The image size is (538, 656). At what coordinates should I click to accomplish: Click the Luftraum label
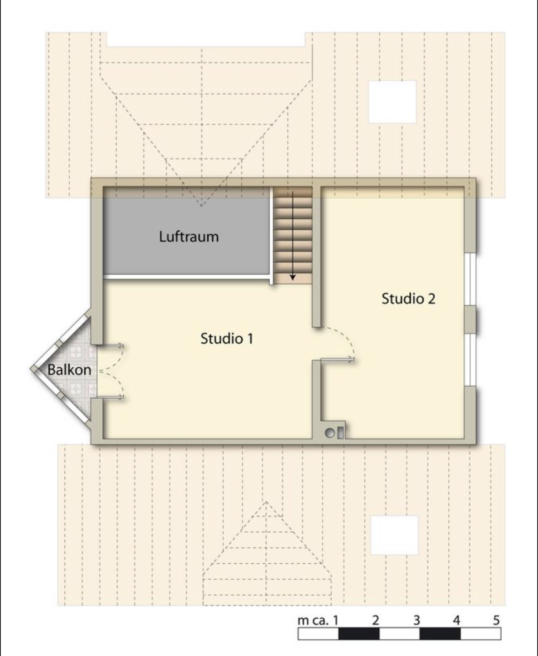pos(189,237)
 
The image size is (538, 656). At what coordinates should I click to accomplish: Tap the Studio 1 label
pos(227,338)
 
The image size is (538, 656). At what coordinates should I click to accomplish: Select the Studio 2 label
pos(408,298)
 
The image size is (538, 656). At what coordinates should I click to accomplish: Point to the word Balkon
pos(69,370)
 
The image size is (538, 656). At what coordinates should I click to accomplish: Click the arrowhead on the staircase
pos(293,277)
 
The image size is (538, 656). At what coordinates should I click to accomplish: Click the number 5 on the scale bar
pos(496,620)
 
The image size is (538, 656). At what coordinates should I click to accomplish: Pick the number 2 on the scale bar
pos(375,620)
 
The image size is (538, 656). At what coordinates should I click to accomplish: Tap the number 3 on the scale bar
pos(416,620)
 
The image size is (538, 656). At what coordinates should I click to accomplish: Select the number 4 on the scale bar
pos(457,620)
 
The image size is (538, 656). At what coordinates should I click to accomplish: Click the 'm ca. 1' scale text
pos(318,620)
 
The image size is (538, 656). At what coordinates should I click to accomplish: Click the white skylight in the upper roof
pos(392,102)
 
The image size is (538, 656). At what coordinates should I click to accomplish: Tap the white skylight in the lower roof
pos(394,535)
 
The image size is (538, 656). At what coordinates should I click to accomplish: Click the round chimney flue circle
pos(330,434)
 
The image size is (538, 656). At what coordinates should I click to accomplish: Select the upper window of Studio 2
pos(470,279)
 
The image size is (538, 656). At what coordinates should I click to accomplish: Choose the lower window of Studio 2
pos(470,359)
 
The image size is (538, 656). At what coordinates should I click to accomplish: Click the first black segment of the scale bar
pos(359,634)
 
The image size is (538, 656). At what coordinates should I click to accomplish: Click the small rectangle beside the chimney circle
pos(340,433)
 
